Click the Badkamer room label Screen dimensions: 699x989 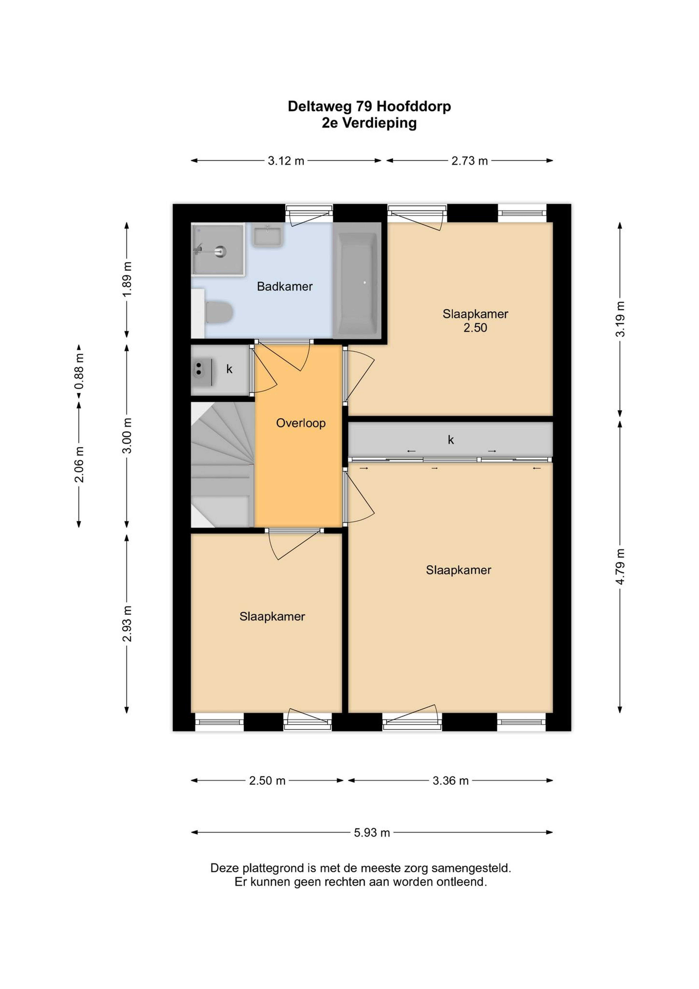[x=285, y=286]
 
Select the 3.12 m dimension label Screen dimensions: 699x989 [x=286, y=161]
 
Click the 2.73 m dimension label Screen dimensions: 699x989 [x=469, y=161]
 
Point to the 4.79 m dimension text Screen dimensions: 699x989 [x=620, y=567]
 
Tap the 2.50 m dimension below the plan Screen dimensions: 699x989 [x=267, y=780]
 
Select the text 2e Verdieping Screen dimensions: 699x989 [x=369, y=123]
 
